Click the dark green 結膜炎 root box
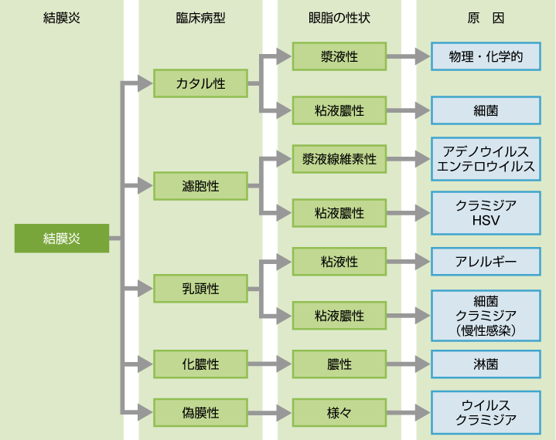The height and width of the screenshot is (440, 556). (x=62, y=239)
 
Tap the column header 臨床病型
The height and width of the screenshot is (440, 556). (x=201, y=18)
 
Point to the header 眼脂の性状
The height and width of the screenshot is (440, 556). (x=339, y=18)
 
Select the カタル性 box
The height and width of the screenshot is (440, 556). (x=201, y=83)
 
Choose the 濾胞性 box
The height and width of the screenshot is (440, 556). (x=201, y=186)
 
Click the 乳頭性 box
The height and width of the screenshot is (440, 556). (x=201, y=289)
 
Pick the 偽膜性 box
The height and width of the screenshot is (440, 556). (x=201, y=413)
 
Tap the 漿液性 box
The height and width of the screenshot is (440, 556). (x=339, y=56)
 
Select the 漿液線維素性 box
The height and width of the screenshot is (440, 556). (x=339, y=160)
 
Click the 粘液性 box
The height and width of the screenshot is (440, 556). (x=339, y=262)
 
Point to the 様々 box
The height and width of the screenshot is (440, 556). (x=339, y=413)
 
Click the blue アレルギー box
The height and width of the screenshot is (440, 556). (x=486, y=262)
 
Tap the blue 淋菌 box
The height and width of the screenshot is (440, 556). (x=486, y=363)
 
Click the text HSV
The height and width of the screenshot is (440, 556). (x=486, y=220)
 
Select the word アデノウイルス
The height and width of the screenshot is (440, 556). (x=486, y=151)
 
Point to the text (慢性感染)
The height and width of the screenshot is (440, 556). (x=486, y=330)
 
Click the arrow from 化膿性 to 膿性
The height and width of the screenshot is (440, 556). (x=270, y=363)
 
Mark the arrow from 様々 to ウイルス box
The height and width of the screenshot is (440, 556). (x=408, y=413)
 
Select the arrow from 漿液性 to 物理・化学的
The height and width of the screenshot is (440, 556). (x=408, y=56)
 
